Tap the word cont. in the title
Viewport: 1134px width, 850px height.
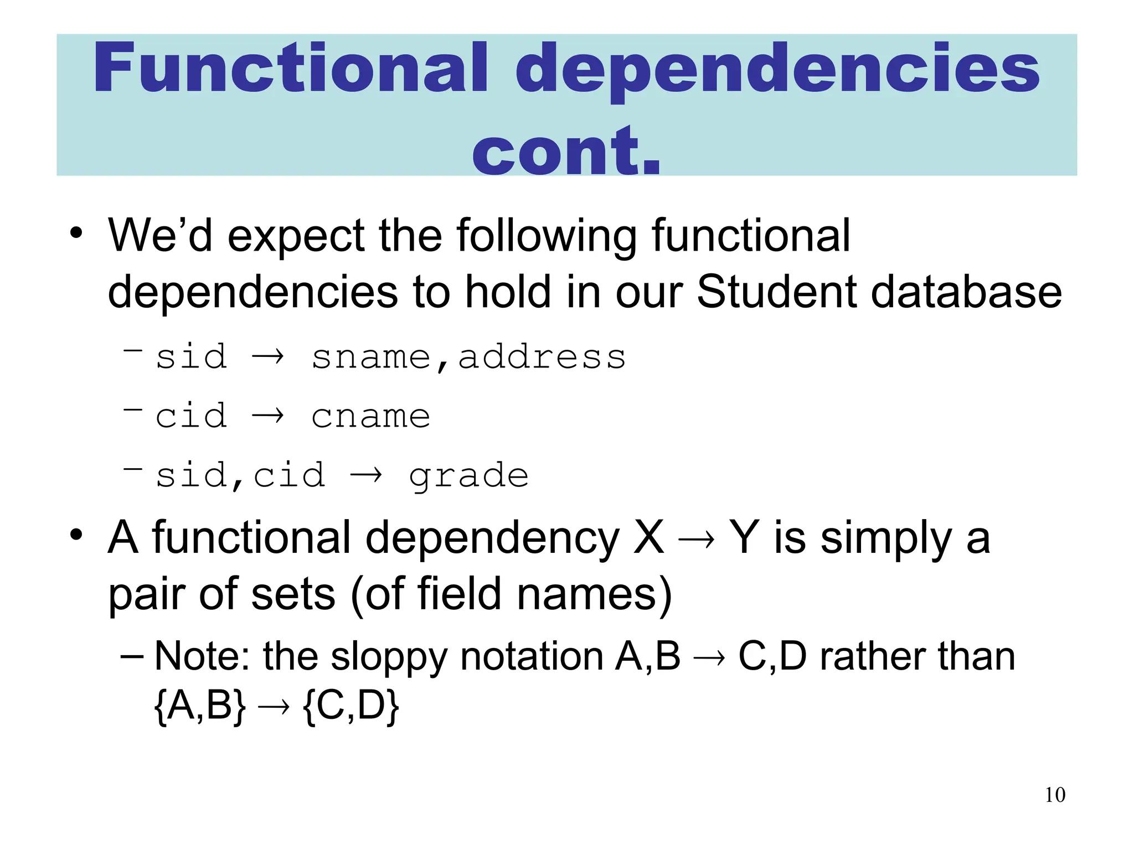[566, 151]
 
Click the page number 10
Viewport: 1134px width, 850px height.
[1055, 795]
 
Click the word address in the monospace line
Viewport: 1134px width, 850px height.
[542, 357]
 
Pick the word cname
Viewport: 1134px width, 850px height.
[370, 416]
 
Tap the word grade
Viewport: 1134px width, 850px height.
[468, 476]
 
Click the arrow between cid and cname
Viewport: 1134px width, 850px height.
[268, 416]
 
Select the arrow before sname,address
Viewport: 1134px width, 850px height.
[268, 356]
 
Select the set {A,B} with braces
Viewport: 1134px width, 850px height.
[200, 706]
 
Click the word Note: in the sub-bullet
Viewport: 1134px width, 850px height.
[202, 657]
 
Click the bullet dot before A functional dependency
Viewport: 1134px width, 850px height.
[76, 535]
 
